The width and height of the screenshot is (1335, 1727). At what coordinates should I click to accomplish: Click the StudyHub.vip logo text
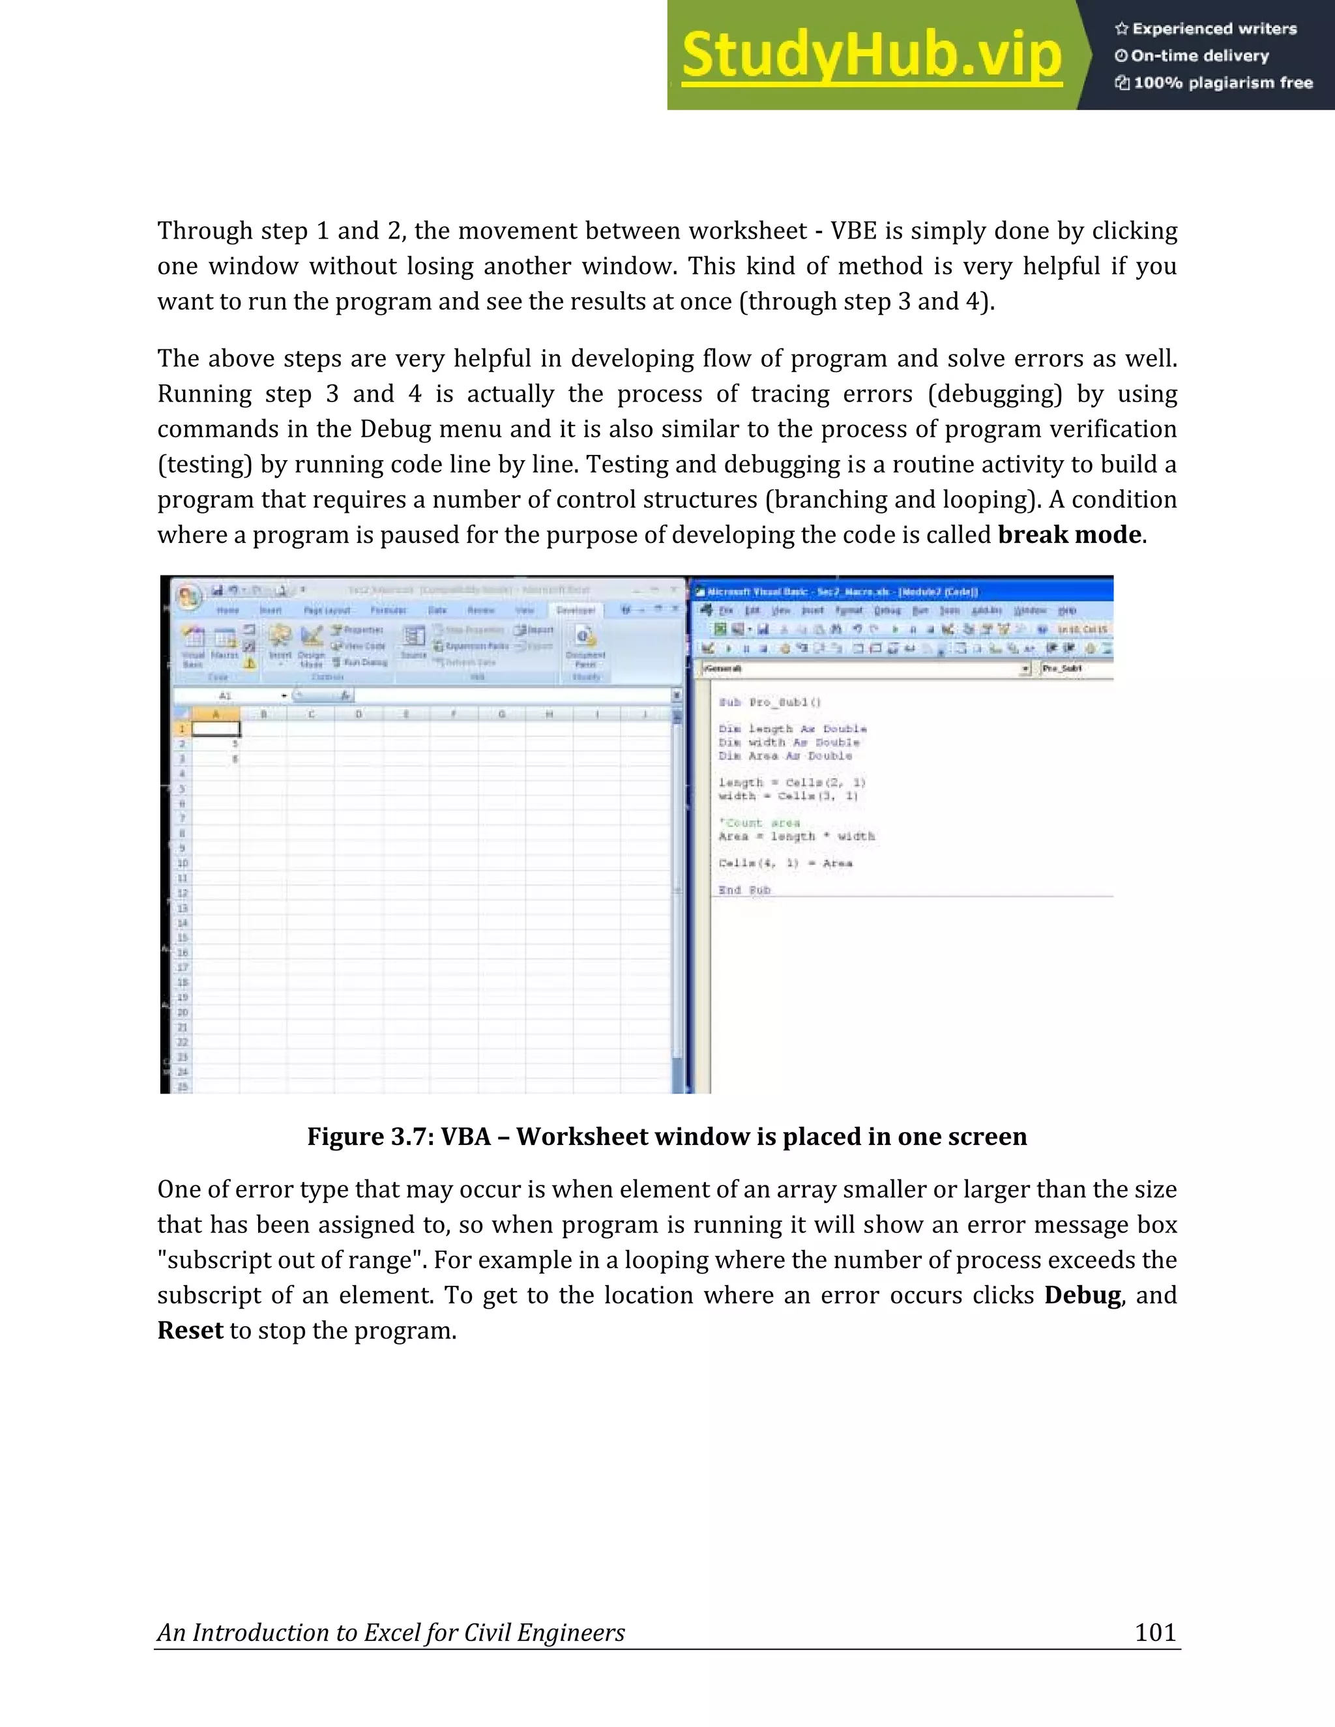[872, 55]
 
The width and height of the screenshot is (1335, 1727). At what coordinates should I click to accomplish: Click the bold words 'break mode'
[1069, 535]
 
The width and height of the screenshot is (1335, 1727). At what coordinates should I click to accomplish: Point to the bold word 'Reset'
[190, 1330]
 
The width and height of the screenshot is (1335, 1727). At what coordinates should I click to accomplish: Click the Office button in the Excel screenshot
[188, 597]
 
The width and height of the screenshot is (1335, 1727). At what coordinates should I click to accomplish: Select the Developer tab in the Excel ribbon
[575, 611]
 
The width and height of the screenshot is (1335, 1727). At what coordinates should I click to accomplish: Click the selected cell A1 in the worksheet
[216, 729]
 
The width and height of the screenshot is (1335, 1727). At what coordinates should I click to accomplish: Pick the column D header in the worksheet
[359, 714]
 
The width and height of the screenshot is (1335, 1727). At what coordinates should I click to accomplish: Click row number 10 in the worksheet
[183, 863]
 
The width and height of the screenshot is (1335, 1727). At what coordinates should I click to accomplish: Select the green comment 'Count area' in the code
[760, 822]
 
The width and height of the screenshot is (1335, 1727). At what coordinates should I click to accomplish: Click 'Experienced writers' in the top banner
[1214, 29]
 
